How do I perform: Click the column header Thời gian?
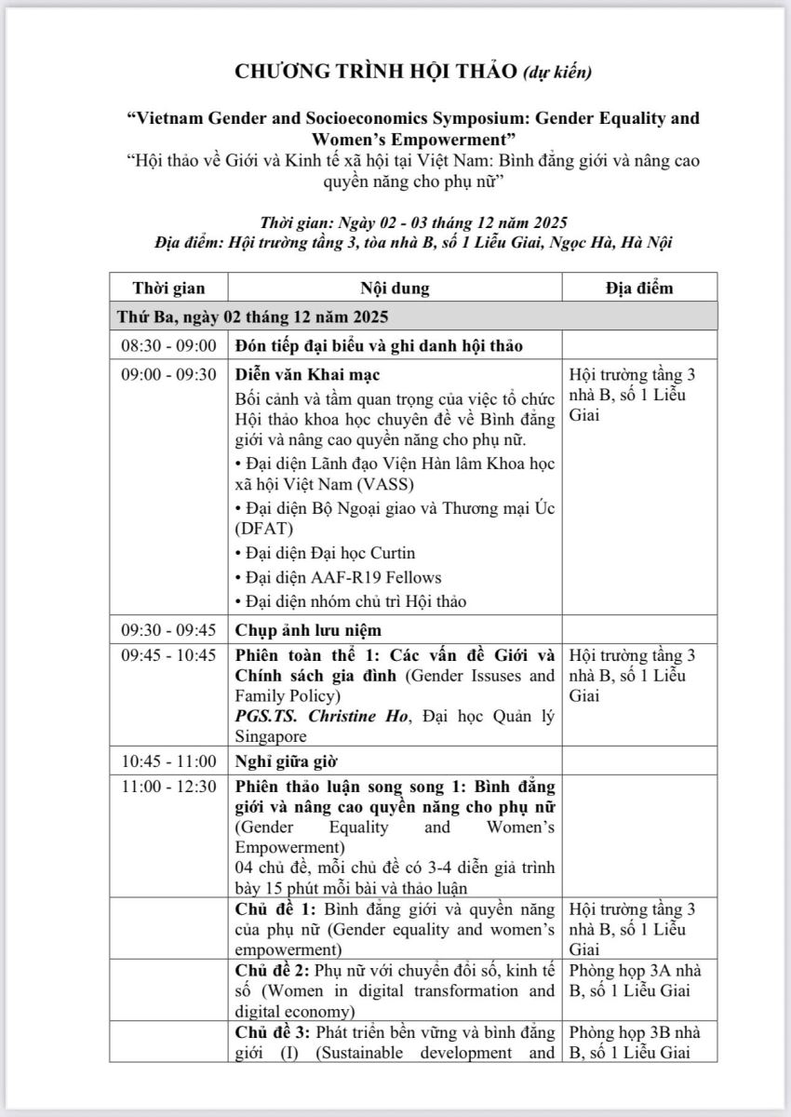point(168,288)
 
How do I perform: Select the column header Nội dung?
point(395,288)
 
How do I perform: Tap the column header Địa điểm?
point(639,288)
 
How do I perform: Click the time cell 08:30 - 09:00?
point(168,345)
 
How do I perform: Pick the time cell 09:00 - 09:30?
point(168,375)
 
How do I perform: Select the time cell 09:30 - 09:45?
point(168,630)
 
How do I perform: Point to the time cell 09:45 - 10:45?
point(168,654)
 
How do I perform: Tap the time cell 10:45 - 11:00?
point(168,760)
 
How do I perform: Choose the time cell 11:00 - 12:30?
point(168,787)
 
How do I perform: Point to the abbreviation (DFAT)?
point(266,529)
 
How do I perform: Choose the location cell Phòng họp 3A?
point(614,971)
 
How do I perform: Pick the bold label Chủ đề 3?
point(272,1032)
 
